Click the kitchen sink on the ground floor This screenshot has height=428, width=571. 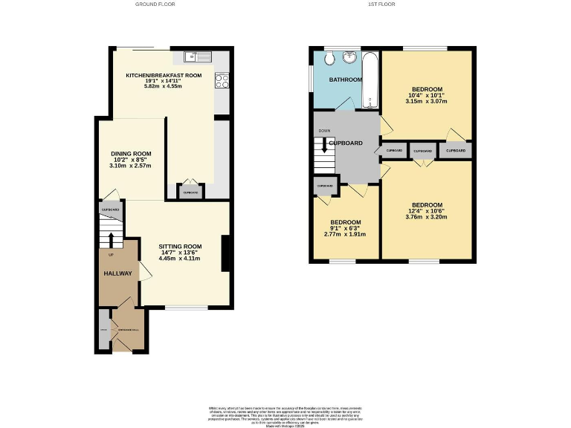click(x=199, y=56)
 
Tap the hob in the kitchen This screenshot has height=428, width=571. click(x=221, y=81)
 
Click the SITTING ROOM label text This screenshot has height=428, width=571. click(x=180, y=246)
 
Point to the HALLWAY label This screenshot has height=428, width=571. click(x=117, y=273)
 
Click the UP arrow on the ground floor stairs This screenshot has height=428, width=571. click(x=112, y=239)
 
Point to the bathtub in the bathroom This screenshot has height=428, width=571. click(x=370, y=80)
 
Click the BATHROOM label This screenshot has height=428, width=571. click(x=346, y=80)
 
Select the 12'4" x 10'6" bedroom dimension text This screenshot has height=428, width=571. click(x=428, y=211)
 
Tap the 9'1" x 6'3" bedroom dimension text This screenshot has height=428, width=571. click(x=346, y=229)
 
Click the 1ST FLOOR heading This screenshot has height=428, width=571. click(x=381, y=4)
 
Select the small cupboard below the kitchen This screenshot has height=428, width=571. click(x=190, y=192)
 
